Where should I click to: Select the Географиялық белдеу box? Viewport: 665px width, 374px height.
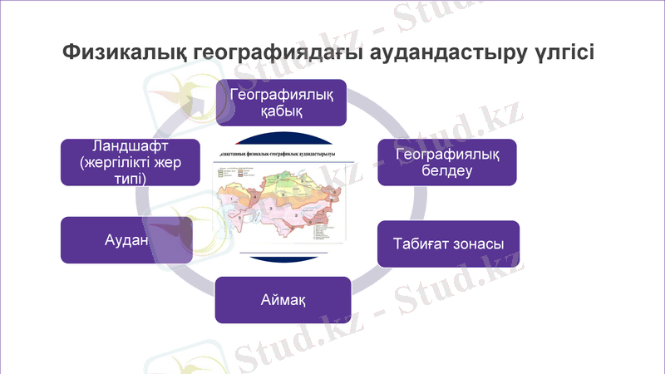click(447, 162)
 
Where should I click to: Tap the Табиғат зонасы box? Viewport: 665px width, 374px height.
click(448, 244)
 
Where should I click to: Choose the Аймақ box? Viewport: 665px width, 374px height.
click(283, 299)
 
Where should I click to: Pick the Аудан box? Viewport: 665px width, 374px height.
click(126, 240)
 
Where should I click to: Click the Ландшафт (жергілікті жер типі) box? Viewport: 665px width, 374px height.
click(131, 161)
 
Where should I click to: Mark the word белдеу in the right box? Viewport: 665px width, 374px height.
click(447, 171)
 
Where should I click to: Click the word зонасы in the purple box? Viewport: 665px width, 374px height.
click(476, 244)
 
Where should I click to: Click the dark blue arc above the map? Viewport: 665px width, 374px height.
click(283, 136)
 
